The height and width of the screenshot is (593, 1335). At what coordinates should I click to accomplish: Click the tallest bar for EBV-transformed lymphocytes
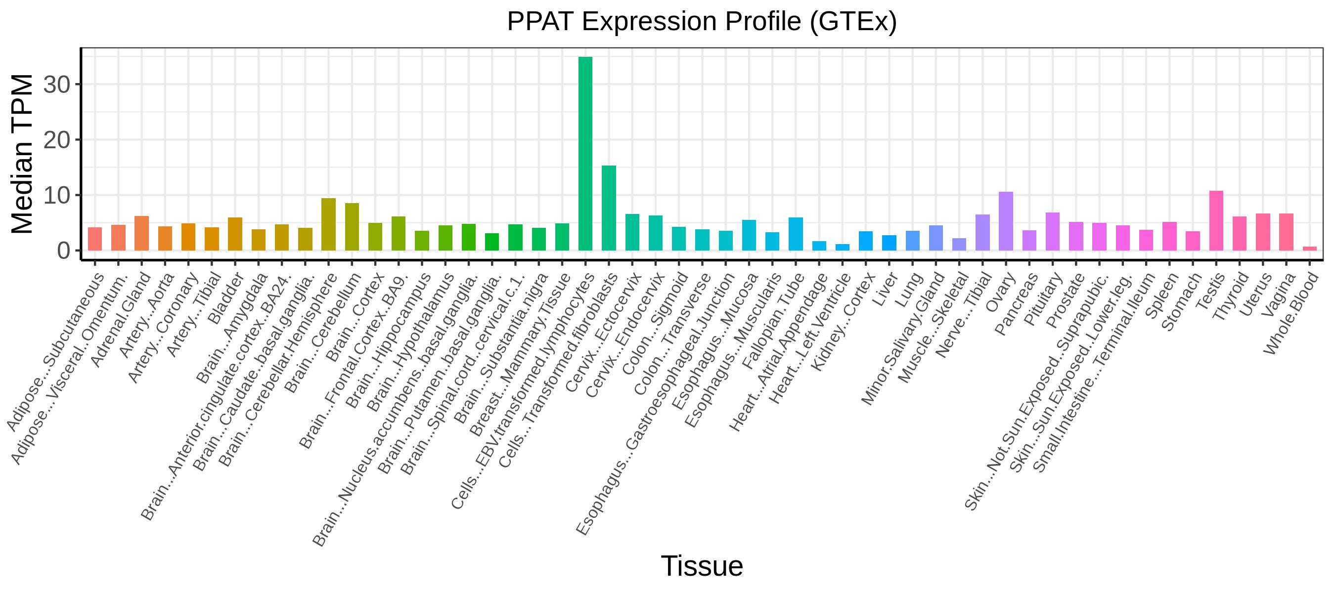(x=585, y=154)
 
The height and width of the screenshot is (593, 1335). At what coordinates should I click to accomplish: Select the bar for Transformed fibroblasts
(x=609, y=208)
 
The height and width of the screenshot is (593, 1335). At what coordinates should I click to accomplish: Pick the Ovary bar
(x=1006, y=221)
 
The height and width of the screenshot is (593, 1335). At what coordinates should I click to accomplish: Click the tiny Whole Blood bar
(x=1310, y=249)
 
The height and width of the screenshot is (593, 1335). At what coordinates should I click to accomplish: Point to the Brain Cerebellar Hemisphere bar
(x=329, y=224)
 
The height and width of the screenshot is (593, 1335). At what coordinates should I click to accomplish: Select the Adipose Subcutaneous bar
(x=95, y=239)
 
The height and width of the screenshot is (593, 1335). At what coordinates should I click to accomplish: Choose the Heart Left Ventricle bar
(x=843, y=248)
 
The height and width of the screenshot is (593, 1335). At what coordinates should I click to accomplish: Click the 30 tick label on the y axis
(x=56, y=85)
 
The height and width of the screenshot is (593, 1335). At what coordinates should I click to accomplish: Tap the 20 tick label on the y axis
(x=56, y=140)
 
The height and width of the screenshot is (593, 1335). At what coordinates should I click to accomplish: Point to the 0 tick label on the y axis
(x=63, y=251)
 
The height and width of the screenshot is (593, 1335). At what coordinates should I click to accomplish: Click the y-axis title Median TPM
(x=22, y=154)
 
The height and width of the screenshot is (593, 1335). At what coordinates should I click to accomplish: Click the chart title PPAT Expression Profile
(x=702, y=22)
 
